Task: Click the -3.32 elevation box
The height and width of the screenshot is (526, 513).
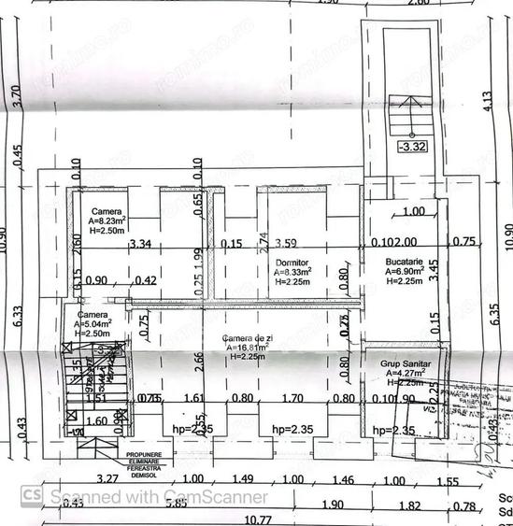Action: click(411, 147)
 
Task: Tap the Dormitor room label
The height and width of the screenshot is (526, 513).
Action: click(292, 263)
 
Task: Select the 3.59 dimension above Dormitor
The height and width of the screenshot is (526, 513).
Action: click(296, 245)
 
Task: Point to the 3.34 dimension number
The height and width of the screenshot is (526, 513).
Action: click(140, 245)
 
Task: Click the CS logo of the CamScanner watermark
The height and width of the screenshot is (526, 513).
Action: click(31, 495)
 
